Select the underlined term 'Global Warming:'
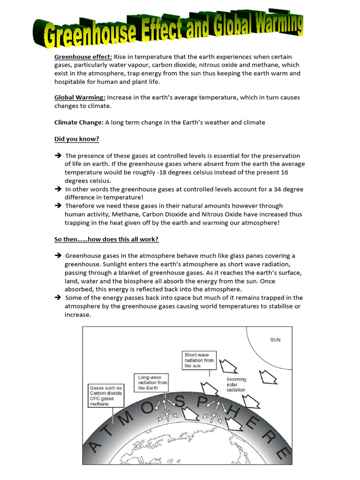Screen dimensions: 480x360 (80, 97)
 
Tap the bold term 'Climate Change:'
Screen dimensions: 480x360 (78, 122)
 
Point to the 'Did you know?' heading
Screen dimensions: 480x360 (76, 139)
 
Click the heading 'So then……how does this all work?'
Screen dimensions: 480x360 (106, 239)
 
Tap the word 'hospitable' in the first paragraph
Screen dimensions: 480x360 (70, 82)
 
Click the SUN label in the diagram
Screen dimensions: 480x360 (275, 340)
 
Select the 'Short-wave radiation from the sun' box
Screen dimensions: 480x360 (199, 360)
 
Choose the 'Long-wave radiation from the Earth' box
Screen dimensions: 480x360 (152, 382)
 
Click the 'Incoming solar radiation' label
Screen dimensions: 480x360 (236, 384)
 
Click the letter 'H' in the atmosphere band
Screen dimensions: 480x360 (244, 414)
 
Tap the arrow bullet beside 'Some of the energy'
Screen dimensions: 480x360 (58, 298)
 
